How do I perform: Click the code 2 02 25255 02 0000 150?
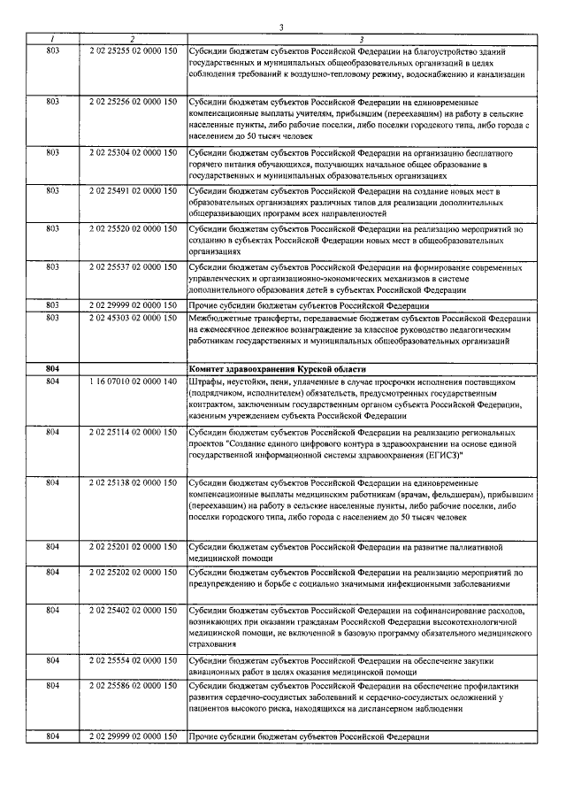[x=133, y=52]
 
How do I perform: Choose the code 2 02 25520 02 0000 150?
[x=133, y=228]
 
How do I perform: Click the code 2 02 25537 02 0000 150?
[x=133, y=266]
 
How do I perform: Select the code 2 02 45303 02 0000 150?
[x=133, y=318]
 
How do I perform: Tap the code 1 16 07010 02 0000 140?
[x=133, y=381]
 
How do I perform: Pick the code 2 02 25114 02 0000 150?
[x=133, y=431]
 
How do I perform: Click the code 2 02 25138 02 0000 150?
[x=133, y=482]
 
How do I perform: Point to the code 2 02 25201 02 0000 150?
[x=133, y=547]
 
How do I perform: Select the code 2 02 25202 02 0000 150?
[x=133, y=573]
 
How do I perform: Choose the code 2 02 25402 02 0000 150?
[x=133, y=611]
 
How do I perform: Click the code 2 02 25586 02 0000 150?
[x=133, y=686]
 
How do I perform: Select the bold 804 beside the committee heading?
[x=52, y=368]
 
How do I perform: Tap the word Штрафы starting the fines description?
[x=208, y=381]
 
